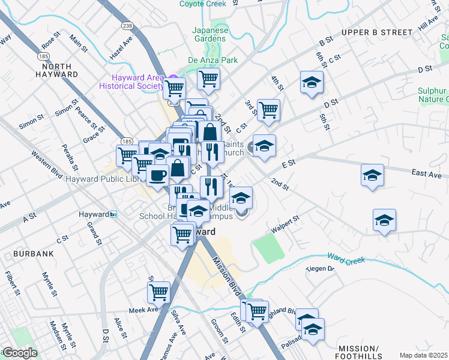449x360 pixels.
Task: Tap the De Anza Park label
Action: pyautogui.click(x=212, y=60)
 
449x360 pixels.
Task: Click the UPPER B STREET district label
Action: pyautogui.click(x=377, y=32)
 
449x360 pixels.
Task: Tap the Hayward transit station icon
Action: pyautogui.click(x=113, y=214)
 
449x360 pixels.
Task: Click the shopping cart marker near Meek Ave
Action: pyautogui.click(x=159, y=292)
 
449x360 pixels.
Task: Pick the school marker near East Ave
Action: pyautogui.click(x=372, y=175)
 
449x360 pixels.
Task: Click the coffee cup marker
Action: pyautogui.click(x=157, y=175)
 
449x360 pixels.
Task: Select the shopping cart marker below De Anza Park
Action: pyautogui.click(x=208, y=78)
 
